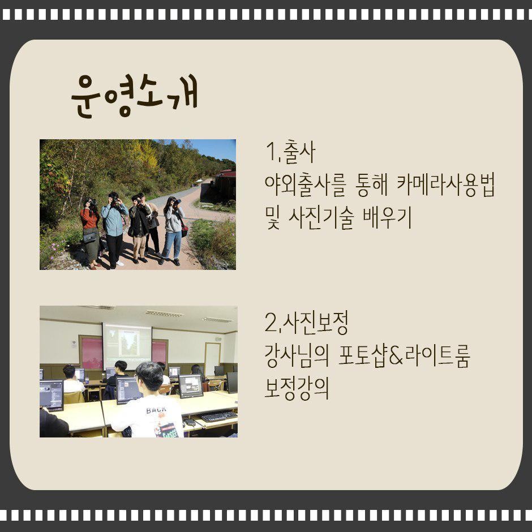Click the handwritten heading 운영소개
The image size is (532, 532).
pos(134,95)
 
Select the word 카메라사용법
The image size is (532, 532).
pos(445,185)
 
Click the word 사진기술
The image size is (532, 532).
pos(321,217)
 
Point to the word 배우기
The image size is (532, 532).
pos(387,217)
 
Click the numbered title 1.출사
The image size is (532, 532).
pos(291,152)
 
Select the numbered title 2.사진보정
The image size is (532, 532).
pos(306,323)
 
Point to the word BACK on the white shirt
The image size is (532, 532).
pos(156,410)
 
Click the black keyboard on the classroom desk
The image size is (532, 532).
pos(218,415)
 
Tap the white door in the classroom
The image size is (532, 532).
pos(212,359)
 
